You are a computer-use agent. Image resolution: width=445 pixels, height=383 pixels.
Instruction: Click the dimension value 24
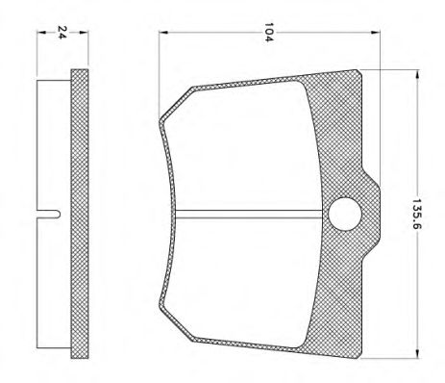(63, 33)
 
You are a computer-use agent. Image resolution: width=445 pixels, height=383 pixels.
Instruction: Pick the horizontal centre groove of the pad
(250, 213)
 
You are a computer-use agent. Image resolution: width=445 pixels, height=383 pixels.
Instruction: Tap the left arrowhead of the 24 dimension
(39, 34)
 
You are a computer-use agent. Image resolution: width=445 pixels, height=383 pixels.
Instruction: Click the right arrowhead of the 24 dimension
(85, 34)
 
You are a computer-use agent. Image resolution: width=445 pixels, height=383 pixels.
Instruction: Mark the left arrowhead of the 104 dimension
(161, 34)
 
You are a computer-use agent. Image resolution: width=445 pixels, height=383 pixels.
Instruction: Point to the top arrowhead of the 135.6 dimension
(415, 73)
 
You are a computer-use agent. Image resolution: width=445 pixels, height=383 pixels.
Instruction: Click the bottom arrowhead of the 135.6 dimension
(415, 352)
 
